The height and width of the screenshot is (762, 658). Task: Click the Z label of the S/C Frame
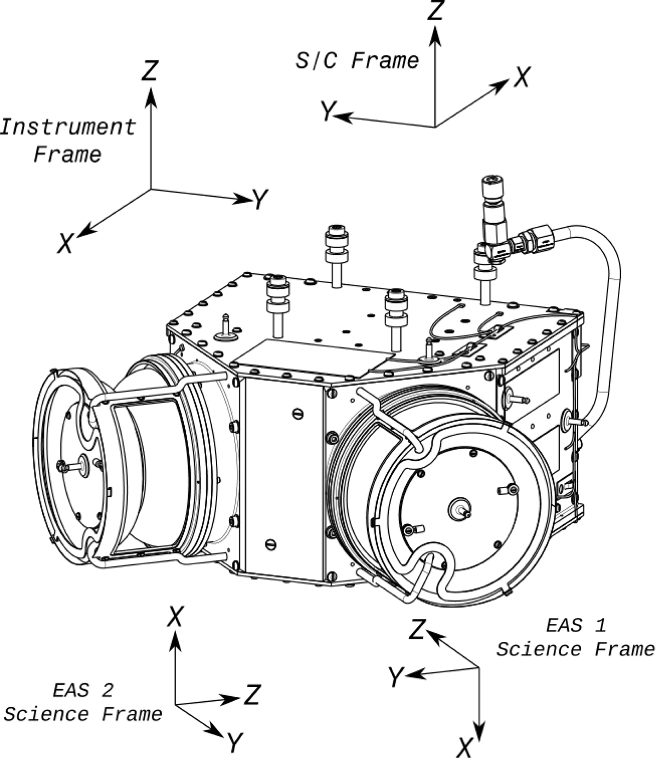click(435, 10)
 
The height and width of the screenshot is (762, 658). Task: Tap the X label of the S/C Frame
click(523, 77)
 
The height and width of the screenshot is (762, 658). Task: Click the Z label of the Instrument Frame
click(150, 71)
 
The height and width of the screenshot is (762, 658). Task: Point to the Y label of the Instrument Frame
click(260, 199)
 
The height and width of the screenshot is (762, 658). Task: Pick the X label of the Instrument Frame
click(65, 243)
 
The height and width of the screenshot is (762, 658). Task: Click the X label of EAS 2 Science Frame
click(174, 616)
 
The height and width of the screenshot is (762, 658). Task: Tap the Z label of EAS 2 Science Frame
click(252, 695)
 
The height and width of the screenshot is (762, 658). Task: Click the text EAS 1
click(576, 626)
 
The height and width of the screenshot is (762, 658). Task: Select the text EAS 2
click(83, 690)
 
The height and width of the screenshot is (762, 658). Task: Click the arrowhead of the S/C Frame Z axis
click(435, 36)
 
